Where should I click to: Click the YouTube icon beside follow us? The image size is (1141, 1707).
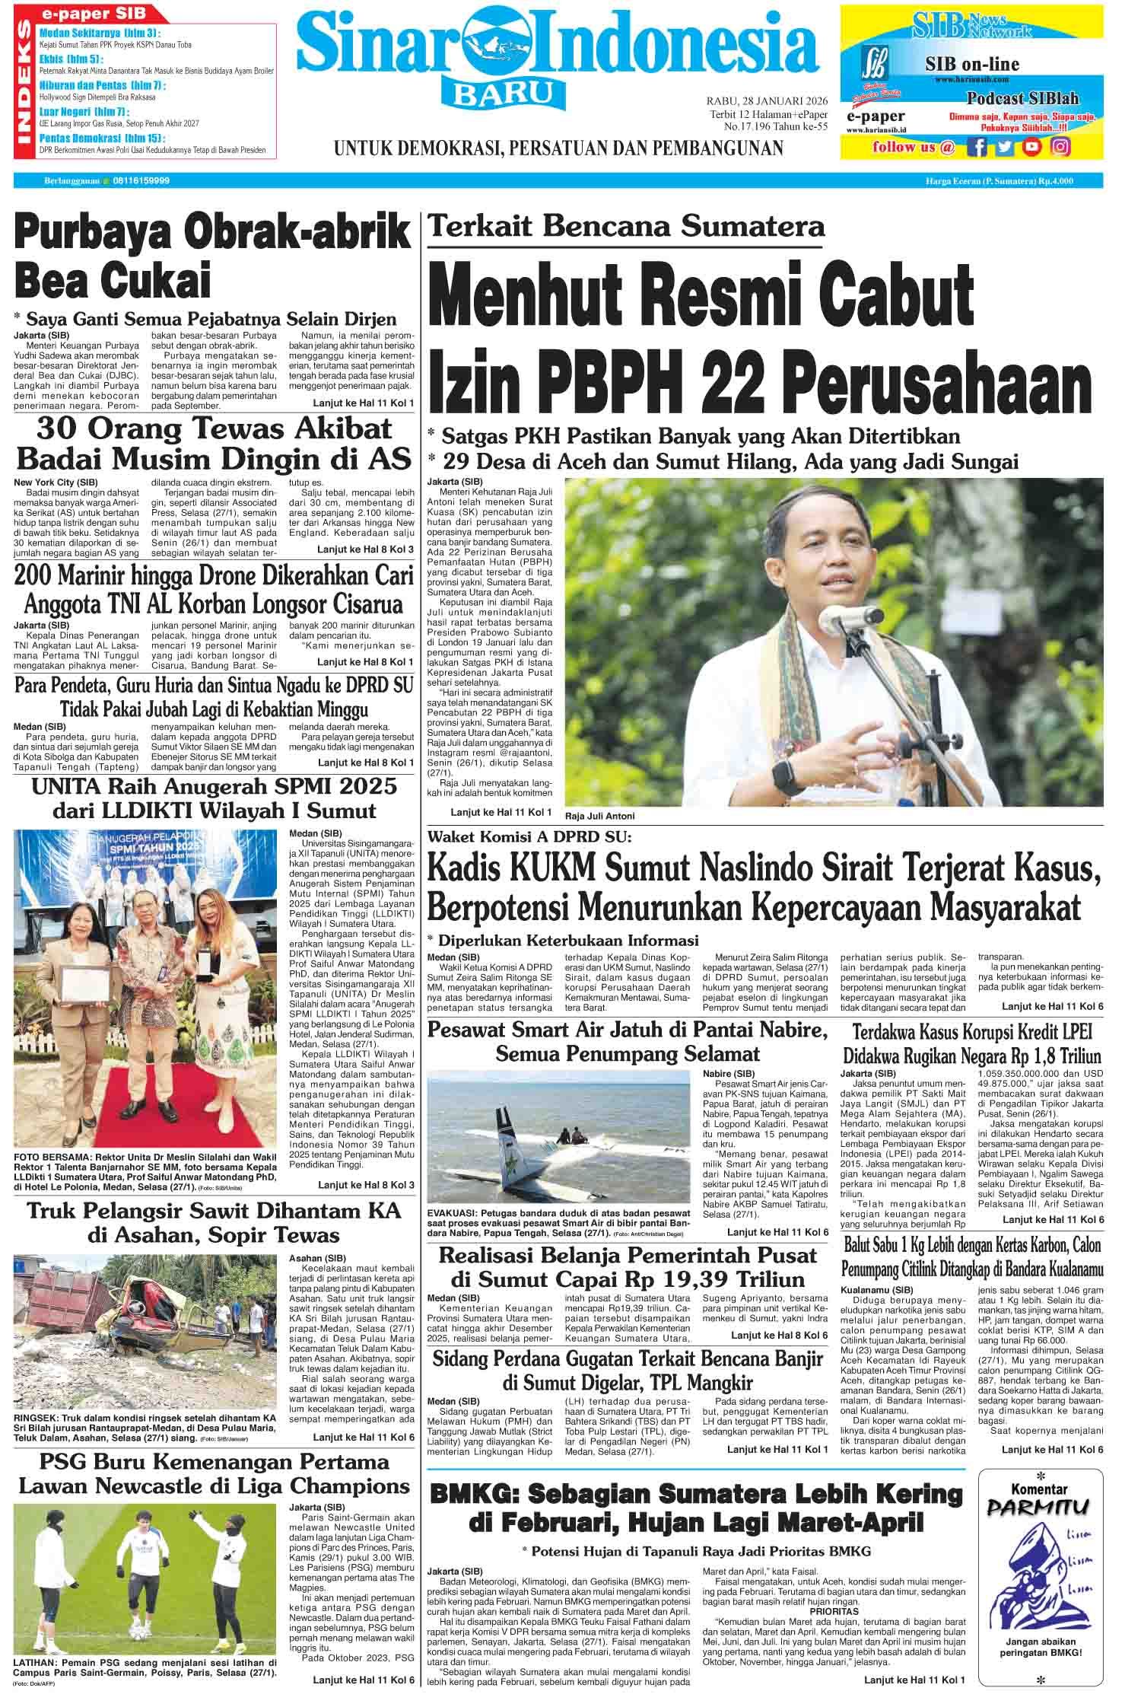pos(1032,147)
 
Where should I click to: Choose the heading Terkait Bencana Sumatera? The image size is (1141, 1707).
pos(625,226)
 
